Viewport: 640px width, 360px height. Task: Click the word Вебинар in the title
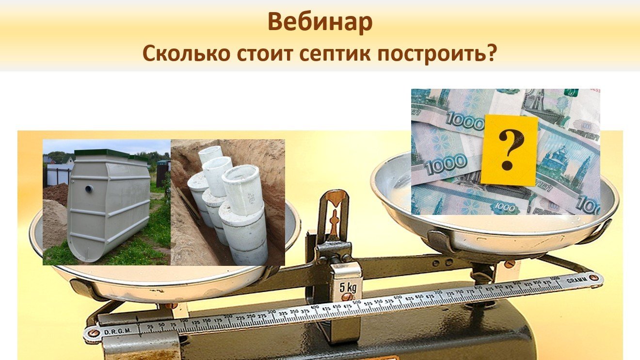tap(320, 22)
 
